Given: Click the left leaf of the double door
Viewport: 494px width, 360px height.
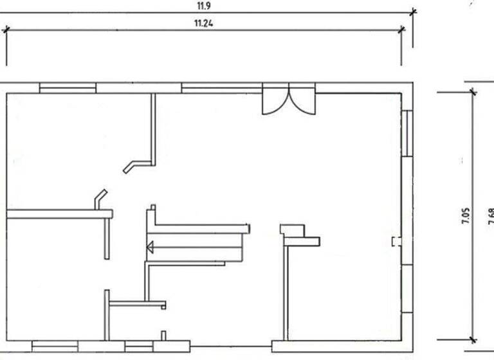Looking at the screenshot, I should point(274,102).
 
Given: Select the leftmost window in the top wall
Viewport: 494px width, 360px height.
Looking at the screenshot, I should point(68,88).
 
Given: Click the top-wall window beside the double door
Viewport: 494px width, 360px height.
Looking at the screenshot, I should point(221,88).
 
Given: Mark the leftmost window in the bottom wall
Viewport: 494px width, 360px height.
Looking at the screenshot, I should point(55,346).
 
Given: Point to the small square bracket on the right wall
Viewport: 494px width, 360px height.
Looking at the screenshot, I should point(396,241).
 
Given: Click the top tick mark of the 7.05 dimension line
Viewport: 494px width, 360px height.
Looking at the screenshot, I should point(473,92).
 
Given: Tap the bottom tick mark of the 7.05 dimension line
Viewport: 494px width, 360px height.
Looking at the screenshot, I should point(473,339).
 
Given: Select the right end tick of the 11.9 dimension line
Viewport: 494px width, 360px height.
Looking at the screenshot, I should point(413,11).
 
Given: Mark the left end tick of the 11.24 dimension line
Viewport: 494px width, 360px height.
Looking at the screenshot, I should point(7,29).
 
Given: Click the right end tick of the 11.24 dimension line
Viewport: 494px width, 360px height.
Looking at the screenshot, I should point(403,28).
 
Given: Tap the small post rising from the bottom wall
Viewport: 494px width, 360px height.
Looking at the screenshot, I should point(163,336).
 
